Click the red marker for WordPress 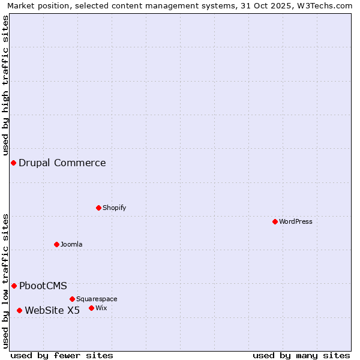click(275, 221)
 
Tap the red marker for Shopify click(98, 208)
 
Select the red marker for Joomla click(56, 244)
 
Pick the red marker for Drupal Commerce click(13, 163)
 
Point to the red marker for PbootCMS click(14, 286)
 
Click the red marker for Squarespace click(72, 299)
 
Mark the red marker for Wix click(91, 308)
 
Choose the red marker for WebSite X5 click(19, 310)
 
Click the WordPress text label click(296, 221)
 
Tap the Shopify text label click(114, 208)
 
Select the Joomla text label click(71, 244)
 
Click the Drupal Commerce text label click(62, 163)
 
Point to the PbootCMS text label click(43, 286)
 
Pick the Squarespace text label click(97, 299)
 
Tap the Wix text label click(101, 308)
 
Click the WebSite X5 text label click(52, 310)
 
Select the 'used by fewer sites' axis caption click(62, 355)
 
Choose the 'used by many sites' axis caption click(301, 355)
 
